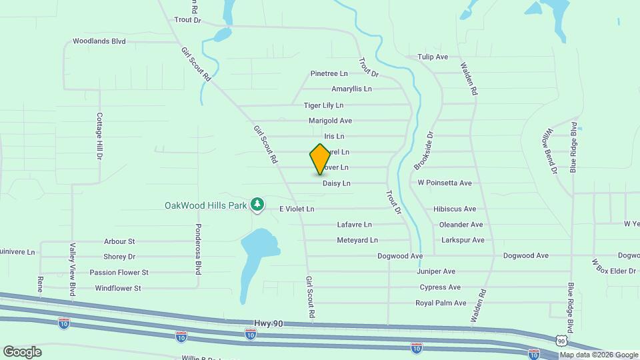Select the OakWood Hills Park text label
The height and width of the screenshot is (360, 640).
(x=205, y=205)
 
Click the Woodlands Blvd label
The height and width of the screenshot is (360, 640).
(x=99, y=41)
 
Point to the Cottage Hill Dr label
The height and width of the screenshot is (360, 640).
(x=99, y=136)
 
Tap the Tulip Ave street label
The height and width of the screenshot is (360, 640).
(x=433, y=57)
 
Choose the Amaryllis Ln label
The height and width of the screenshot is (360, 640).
(x=351, y=89)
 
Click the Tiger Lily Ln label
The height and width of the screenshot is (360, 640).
(x=323, y=105)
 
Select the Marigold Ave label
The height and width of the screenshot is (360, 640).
(x=330, y=121)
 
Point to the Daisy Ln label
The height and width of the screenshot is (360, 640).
(x=336, y=183)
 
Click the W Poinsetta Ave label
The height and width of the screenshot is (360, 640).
(x=445, y=183)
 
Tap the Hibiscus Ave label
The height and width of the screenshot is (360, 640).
(x=455, y=209)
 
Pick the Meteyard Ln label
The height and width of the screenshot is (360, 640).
(x=357, y=240)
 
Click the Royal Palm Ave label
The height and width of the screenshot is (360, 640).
(x=441, y=303)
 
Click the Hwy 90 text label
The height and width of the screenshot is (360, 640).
(x=269, y=323)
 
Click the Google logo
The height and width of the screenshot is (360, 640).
(x=22, y=351)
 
